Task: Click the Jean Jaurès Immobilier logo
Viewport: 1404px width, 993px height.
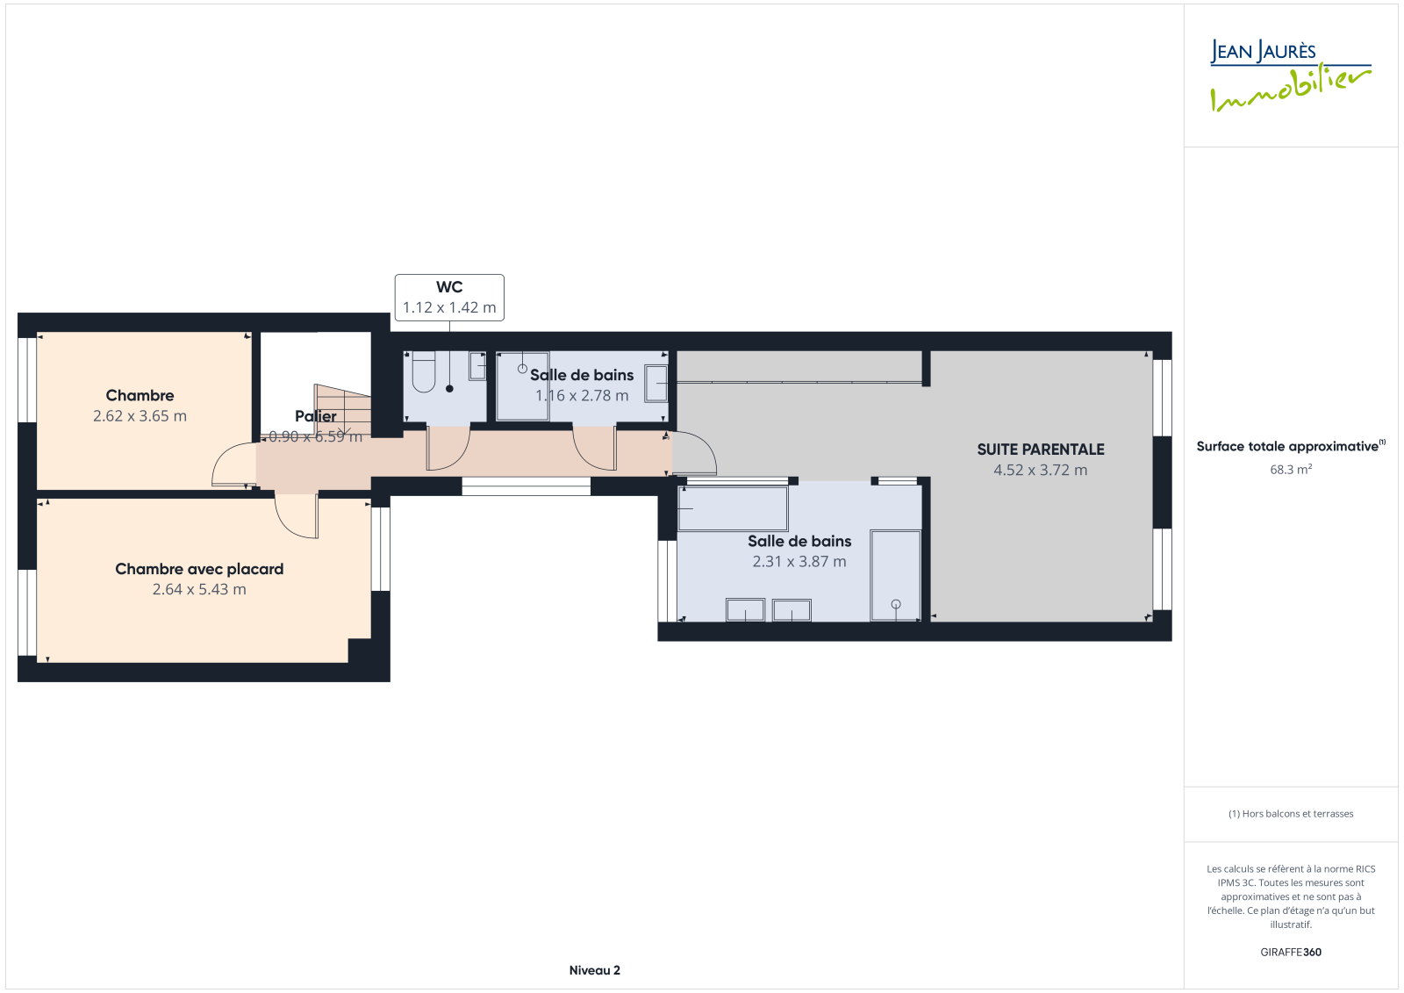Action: [1291, 76]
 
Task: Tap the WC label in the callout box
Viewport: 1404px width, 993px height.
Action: [449, 287]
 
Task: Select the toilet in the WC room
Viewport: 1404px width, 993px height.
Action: [424, 372]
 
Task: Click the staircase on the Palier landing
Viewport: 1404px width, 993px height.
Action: [342, 410]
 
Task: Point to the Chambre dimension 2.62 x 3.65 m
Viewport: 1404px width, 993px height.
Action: [140, 416]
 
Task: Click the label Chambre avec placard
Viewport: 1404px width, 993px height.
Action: [199, 569]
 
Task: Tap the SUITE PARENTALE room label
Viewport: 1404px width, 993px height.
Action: [1041, 450]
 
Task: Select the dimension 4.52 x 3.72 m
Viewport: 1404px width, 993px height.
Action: [1041, 470]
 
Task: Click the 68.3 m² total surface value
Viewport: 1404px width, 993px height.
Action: [1291, 469]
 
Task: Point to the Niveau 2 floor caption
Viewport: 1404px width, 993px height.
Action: [594, 970]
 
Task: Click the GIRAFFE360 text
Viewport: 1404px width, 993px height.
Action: [1291, 953]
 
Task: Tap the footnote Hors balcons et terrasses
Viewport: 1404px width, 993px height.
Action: [1291, 814]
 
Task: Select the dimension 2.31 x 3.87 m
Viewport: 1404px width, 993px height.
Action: [799, 561]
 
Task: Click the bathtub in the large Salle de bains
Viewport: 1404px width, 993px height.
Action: [895, 576]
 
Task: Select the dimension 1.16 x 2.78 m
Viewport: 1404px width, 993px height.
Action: [582, 396]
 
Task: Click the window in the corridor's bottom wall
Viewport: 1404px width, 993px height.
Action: [526, 486]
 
